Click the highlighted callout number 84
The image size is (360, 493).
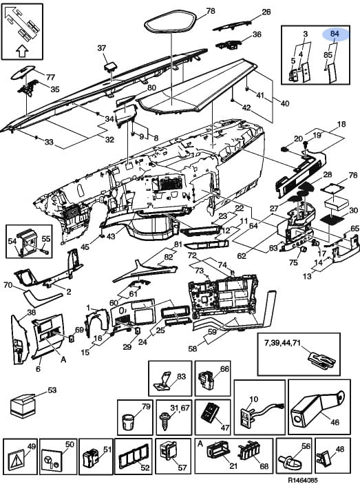coord(335,33)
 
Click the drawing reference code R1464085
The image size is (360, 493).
coord(303,480)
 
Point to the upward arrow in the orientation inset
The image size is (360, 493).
coord(22,51)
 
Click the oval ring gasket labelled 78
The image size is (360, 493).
coord(171,21)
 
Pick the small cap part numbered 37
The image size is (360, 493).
coord(110,66)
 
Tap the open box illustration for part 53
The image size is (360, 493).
coord(22,406)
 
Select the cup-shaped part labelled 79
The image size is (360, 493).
coord(128,421)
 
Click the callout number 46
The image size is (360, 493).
coord(335,421)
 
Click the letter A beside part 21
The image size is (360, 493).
coord(200,443)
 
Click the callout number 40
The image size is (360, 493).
coord(285,103)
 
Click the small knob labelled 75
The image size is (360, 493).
coord(304,249)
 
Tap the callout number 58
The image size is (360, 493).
coord(193,348)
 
